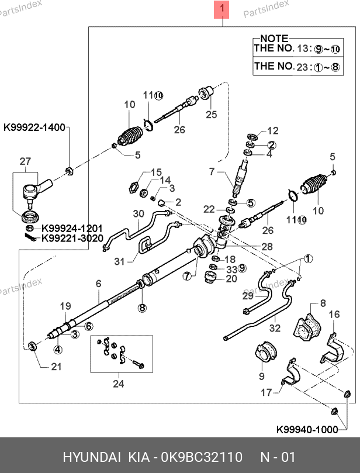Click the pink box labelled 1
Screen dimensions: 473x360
click(x=222, y=9)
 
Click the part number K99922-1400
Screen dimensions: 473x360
click(x=34, y=127)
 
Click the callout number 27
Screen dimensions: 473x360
click(x=25, y=161)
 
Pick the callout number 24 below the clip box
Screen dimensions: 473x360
click(x=119, y=384)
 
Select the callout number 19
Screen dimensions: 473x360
click(x=64, y=306)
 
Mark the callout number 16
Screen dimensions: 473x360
click(x=333, y=315)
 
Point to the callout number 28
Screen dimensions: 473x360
click(x=267, y=247)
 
